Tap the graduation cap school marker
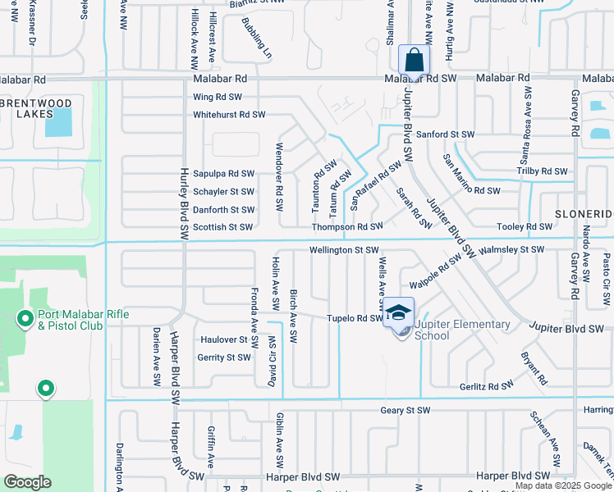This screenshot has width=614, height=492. pos(398,312)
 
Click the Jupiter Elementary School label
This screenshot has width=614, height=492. pos(462,330)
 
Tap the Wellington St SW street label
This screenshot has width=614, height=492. pos(344,249)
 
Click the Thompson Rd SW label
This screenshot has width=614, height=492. pos(347,226)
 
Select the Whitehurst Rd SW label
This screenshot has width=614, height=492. pos(229,115)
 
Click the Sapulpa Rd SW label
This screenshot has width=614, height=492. pos(223,174)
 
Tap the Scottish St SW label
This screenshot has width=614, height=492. pos(222,226)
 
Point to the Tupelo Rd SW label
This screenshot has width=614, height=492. pos(355,318)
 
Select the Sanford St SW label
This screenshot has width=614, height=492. pos(446,134)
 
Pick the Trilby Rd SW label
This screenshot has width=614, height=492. pos(543,171)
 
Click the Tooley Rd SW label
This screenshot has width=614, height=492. pos(525,226)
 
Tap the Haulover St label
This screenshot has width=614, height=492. pos(224,339)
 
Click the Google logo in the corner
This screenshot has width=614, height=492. pos(27,482)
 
